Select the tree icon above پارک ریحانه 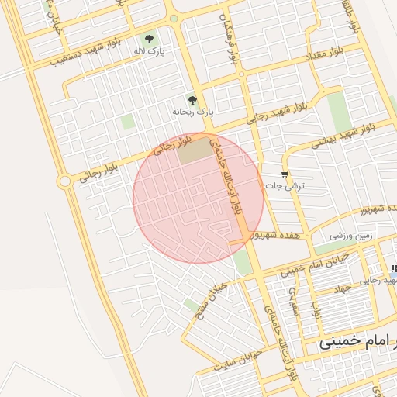(192, 100)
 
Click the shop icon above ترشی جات (285, 174)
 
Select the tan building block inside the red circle (194, 150)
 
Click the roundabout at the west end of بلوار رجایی (64, 181)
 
